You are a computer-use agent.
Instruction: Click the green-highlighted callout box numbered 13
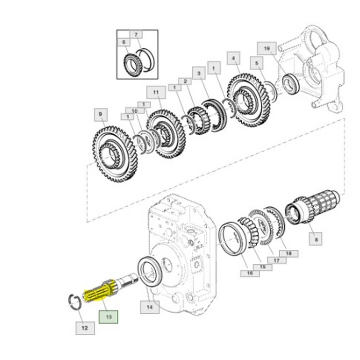(109, 317)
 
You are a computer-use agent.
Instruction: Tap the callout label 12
(85, 328)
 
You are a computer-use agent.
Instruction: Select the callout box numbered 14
(150, 307)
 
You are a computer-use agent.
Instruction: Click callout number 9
(101, 115)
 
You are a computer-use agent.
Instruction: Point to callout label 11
(156, 92)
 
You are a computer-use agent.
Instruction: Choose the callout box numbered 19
(267, 48)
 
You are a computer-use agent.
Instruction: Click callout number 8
(316, 239)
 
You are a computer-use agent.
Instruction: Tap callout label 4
(233, 58)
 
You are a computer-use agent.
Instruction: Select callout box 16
(250, 273)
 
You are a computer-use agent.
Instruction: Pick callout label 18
(289, 254)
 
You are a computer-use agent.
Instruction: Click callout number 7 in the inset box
(136, 34)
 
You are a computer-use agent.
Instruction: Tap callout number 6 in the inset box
(124, 42)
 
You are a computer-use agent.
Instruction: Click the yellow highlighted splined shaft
(98, 291)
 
